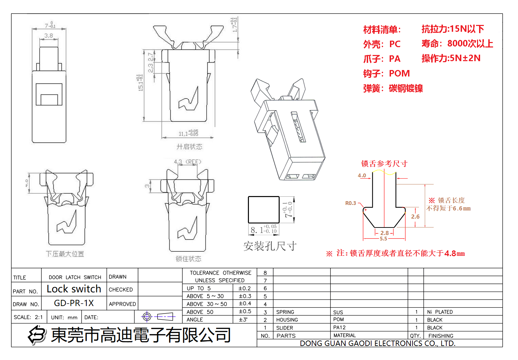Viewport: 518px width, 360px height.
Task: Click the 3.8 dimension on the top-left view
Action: (48, 36)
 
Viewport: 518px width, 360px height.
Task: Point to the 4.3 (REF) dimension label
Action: (187, 162)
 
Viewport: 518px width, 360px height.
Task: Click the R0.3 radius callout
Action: (350, 203)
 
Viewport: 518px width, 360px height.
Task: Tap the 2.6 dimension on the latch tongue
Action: (415, 217)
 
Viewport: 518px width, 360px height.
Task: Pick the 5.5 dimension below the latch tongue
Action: (383, 239)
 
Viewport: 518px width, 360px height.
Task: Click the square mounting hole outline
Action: (264, 210)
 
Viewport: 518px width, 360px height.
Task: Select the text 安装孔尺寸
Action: (270, 246)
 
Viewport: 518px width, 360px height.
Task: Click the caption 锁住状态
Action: (188, 259)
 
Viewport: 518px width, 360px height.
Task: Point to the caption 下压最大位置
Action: (65, 254)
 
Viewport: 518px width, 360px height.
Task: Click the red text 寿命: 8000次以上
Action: (457, 44)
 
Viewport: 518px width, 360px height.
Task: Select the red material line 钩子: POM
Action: (386, 73)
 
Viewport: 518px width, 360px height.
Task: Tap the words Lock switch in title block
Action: (74, 289)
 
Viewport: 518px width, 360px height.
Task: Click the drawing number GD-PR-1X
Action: (74, 303)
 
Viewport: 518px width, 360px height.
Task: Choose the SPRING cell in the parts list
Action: (285, 312)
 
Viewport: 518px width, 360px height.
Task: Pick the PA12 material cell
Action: (339, 328)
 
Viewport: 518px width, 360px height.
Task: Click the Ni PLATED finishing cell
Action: (440, 312)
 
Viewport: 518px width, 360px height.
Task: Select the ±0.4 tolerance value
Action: (245, 304)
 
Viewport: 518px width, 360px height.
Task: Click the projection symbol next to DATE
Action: (158, 317)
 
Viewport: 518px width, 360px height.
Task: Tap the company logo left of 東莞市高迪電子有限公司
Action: (37, 335)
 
